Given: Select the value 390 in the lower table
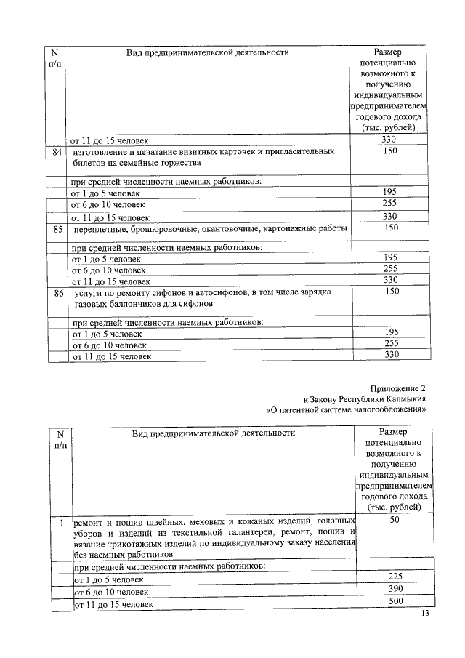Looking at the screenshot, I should click(395, 590).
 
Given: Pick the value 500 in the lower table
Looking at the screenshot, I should click(395, 602).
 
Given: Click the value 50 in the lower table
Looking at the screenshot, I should click(395, 521).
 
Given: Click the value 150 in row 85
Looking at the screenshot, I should click(391, 228).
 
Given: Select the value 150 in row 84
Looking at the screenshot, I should click(391, 152).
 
